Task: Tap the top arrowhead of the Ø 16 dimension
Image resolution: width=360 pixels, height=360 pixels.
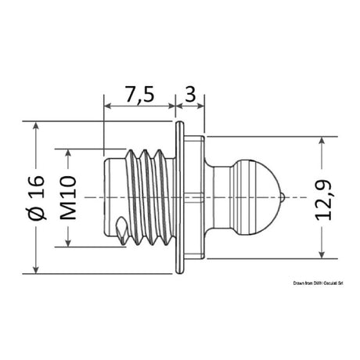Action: point(35,127)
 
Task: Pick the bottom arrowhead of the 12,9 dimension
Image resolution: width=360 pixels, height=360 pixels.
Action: point(322,253)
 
